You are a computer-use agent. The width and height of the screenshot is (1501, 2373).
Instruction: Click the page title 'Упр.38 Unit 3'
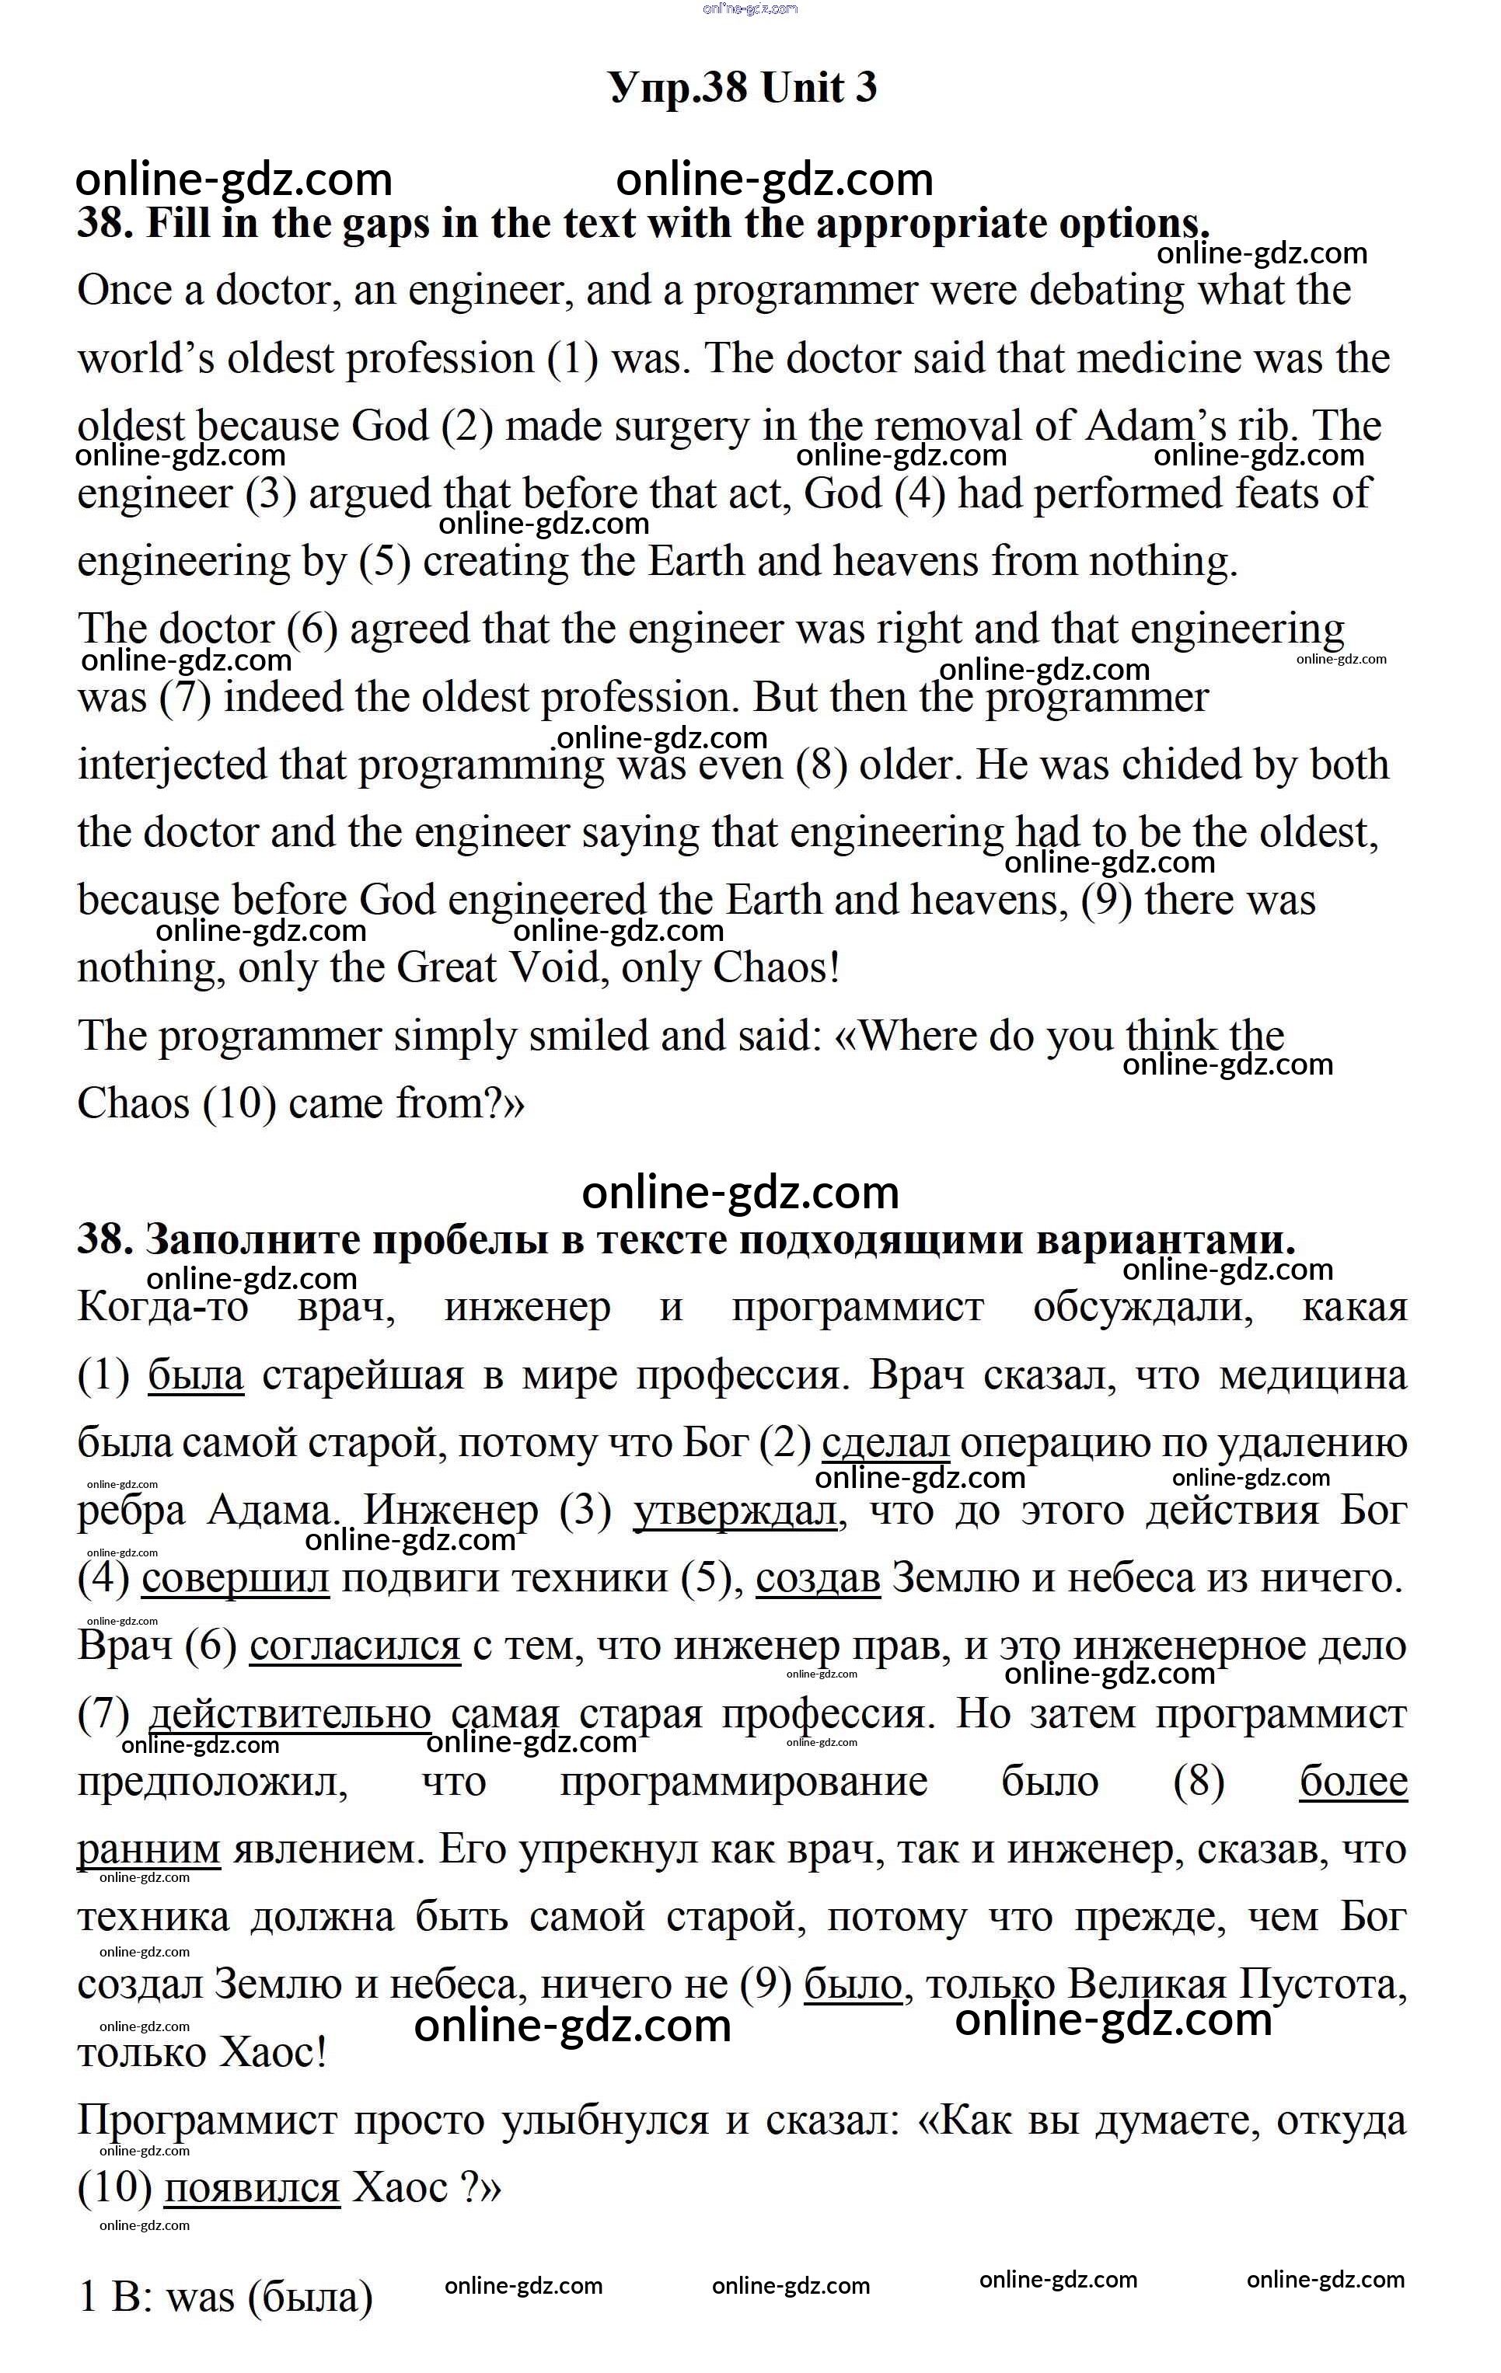(742, 89)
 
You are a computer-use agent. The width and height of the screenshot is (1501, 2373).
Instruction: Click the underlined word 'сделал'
(885, 1444)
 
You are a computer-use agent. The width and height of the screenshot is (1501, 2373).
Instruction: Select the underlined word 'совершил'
(236, 1580)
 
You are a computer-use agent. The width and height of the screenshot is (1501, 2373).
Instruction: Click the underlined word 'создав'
(818, 1580)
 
